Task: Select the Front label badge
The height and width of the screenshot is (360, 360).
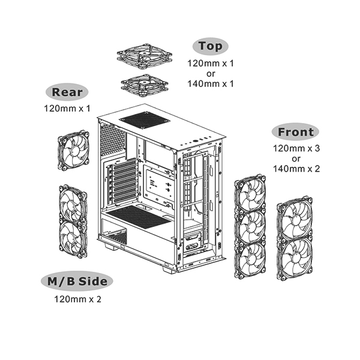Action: point(295,132)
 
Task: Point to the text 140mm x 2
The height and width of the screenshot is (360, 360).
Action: point(295,169)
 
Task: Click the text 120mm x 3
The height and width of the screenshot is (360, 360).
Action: point(295,148)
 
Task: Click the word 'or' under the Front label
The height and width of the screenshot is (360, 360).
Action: point(295,158)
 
